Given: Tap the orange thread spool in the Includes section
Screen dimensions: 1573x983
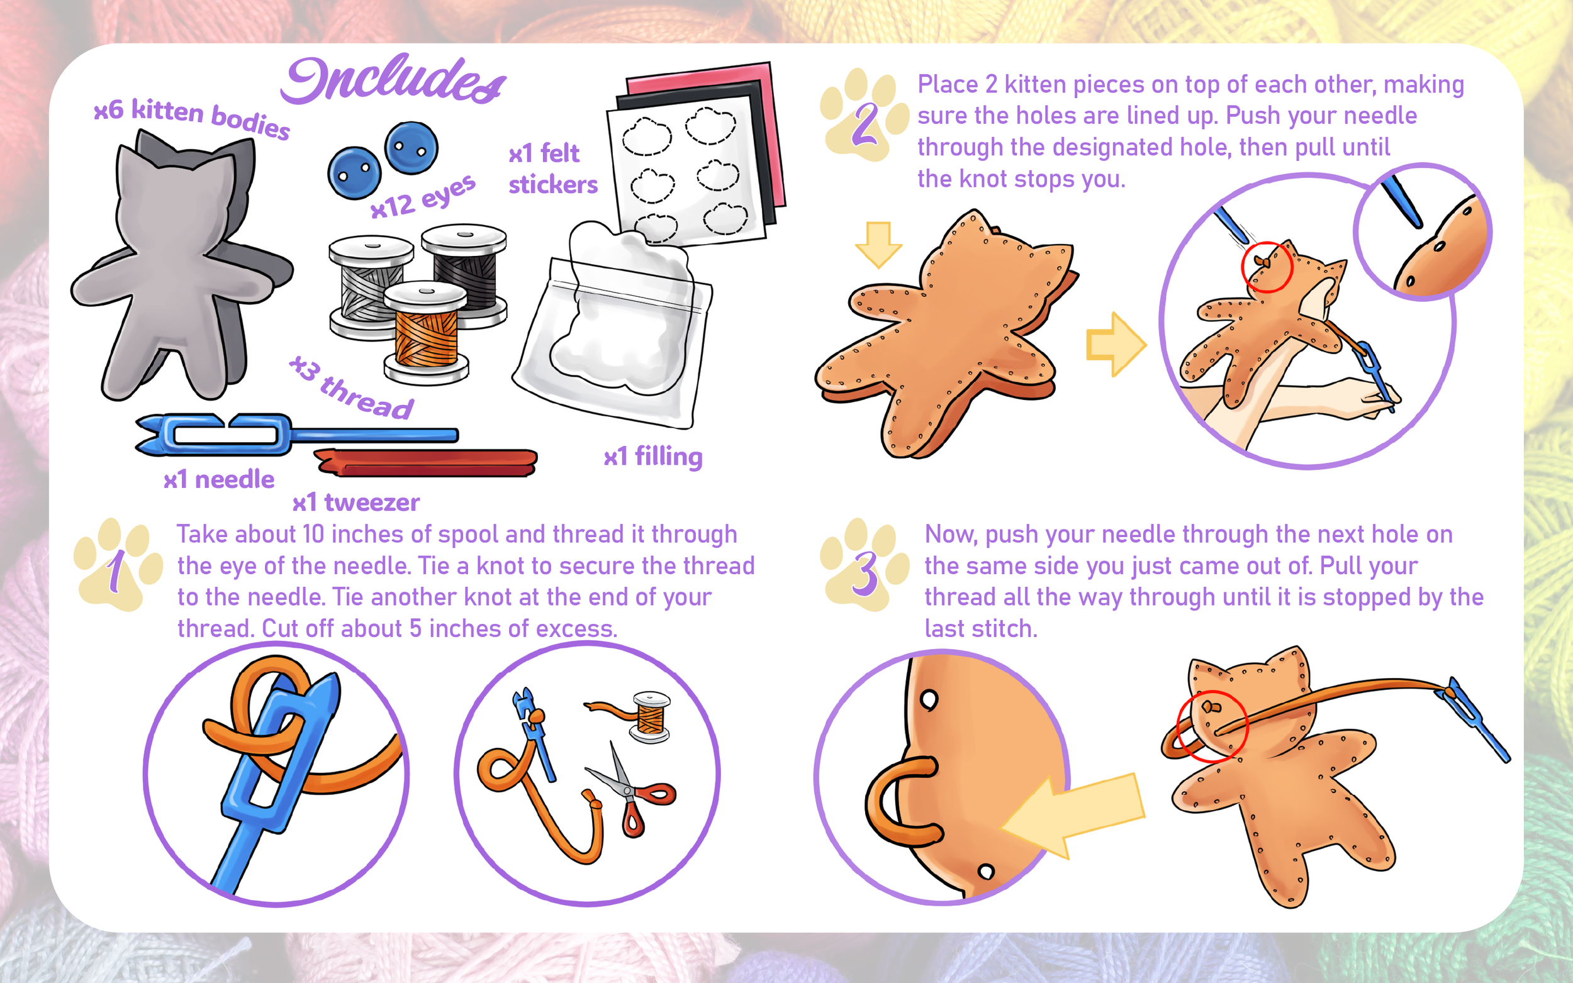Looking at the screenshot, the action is pos(426,332).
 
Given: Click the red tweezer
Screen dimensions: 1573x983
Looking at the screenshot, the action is pos(426,462).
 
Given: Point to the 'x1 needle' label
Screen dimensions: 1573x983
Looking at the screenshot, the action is pos(218,480).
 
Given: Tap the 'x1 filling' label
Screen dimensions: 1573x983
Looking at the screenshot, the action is pos(653,457).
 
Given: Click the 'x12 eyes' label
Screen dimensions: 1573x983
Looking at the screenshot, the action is pos(423,197).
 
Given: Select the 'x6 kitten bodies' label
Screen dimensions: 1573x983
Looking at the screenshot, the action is pos(192,118).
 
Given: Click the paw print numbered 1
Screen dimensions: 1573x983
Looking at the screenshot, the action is pos(118,565).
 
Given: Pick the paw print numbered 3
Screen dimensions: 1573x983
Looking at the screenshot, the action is pos(865,565).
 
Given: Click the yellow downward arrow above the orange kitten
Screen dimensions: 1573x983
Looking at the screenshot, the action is pos(878,245).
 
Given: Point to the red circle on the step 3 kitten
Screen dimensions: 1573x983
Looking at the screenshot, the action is pos(1212,726).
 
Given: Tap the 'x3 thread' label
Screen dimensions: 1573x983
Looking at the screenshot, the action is pos(351,387).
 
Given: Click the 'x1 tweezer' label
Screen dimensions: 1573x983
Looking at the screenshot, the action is pos(355,503).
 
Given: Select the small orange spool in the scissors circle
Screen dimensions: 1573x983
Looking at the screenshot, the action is pos(649,716).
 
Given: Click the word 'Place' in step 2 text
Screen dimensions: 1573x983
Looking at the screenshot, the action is pos(948,84).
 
